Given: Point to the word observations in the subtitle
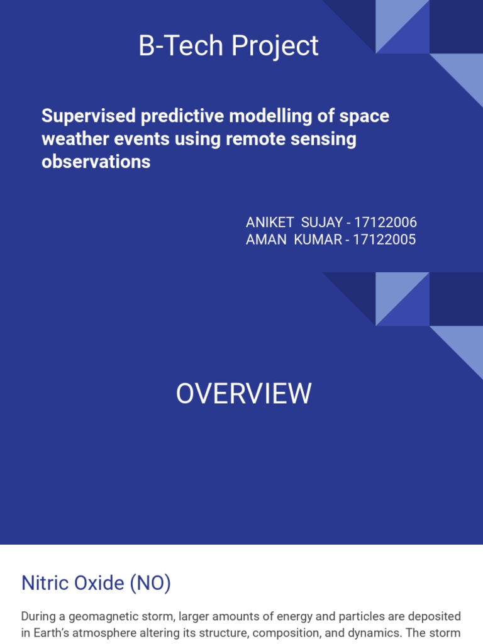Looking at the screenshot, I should pyautogui.click(x=96, y=162).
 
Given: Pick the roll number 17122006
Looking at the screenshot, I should pyautogui.click(x=386, y=223).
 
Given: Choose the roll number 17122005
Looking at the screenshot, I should pyautogui.click(x=385, y=240).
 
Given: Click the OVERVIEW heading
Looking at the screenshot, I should pyautogui.click(x=243, y=394).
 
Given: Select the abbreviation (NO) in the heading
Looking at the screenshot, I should pyautogui.click(x=150, y=583).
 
